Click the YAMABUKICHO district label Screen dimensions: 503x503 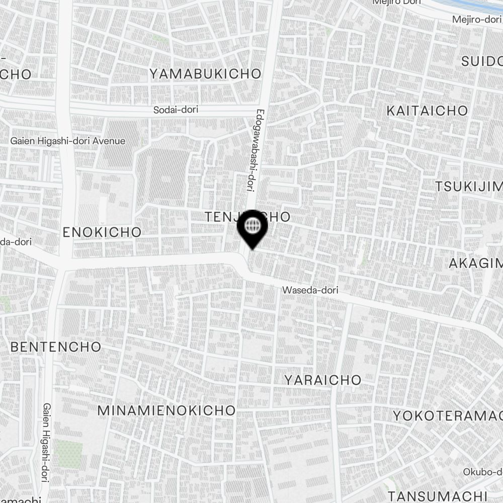pyautogui.click(x=205, y=74)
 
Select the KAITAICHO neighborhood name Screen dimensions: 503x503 pyautogui.click(x=427, y=111)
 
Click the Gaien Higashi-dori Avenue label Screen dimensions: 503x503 pyautogui.click(x=68, y=141)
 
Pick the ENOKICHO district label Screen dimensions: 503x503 pyautogui.click(x=103, y=232)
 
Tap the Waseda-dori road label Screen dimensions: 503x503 pyautogui.click(x=310, y=290)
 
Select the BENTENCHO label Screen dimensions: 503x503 pyautogui.click(x=56, y=347)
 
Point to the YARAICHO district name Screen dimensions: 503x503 pyautogui.click(x=323, y=380)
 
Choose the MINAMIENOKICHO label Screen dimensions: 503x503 pyautogui.click(x=166, y=410)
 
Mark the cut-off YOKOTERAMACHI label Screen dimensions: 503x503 pyautogui.click(x=448, y=415)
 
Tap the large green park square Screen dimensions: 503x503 pyautogui.click(x=69, y=454)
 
